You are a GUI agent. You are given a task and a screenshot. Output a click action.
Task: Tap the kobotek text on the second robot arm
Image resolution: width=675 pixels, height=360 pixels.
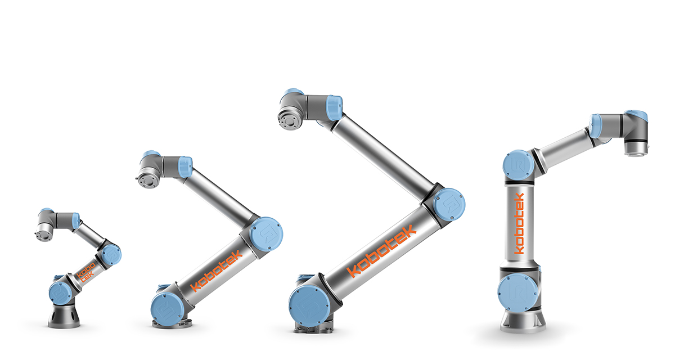click(x=217, y=271)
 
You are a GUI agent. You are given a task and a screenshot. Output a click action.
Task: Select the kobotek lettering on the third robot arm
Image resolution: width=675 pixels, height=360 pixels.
click(x=382, y=251)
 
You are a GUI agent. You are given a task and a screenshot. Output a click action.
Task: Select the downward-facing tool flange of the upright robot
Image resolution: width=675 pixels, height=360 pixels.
click(x=635, y=149)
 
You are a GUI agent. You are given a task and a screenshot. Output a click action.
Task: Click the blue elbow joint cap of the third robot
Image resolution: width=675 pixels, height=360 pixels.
click(x=449, y=205)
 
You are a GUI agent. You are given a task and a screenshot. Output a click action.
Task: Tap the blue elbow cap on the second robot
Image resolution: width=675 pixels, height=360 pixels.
click(x=266, y=235)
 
